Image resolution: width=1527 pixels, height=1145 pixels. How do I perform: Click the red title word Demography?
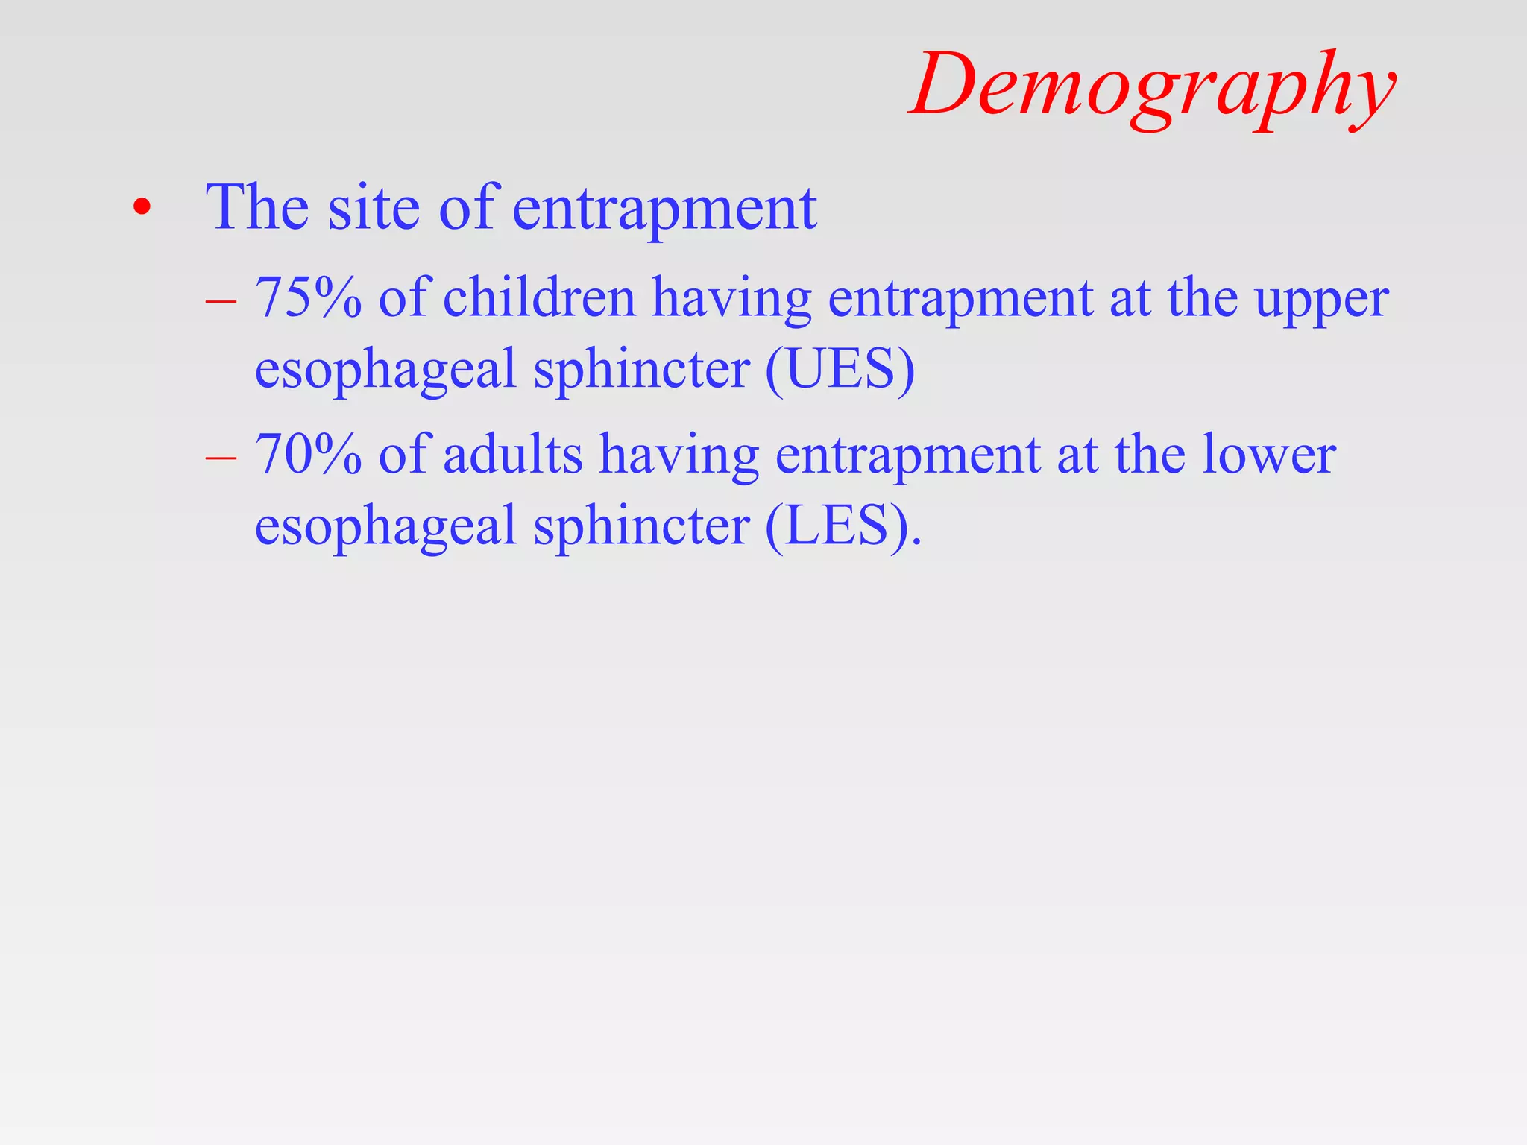tap(1152, 86)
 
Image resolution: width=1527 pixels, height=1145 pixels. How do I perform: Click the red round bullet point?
tap(142, 208)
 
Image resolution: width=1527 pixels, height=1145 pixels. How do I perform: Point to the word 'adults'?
tap(513, 454)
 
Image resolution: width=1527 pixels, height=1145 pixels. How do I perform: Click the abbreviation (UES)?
tap(840, 369)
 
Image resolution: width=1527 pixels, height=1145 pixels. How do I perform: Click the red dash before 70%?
tap(221, 457)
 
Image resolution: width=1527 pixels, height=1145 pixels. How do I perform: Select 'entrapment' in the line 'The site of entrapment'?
tap(664, 209)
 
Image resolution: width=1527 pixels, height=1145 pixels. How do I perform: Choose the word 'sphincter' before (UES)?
tap(642, 369)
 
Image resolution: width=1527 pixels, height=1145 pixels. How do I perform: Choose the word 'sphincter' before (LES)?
tap(642, 526)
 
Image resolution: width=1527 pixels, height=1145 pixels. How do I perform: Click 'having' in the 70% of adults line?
tap(679, 455)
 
